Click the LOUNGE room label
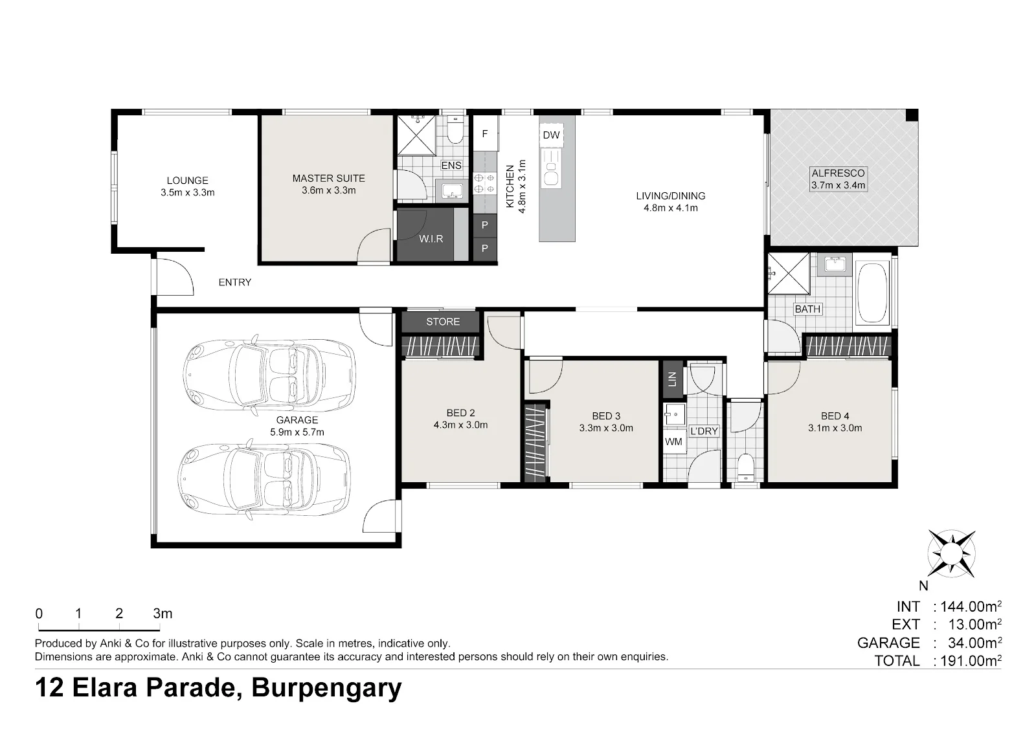coord(187,181)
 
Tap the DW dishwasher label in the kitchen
coord(551,135)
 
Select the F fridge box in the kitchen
coord(485,133)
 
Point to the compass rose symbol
coord(951,553)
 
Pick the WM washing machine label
coord(673,441)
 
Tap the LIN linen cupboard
coord(673,379)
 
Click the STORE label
coord(443,322)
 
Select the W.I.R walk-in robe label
coord(431,239)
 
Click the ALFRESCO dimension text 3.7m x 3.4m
coord(838,185)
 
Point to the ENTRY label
coord(235,282)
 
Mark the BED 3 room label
coord(606,416)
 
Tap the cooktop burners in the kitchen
coord(484,183)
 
